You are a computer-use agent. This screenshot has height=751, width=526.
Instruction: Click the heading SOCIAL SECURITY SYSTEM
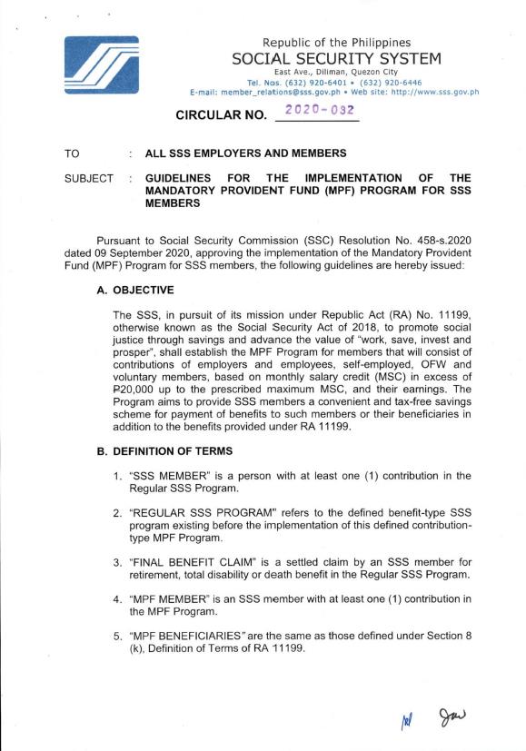[336, 59]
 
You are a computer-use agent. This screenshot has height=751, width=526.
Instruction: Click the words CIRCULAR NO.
[212, 115]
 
